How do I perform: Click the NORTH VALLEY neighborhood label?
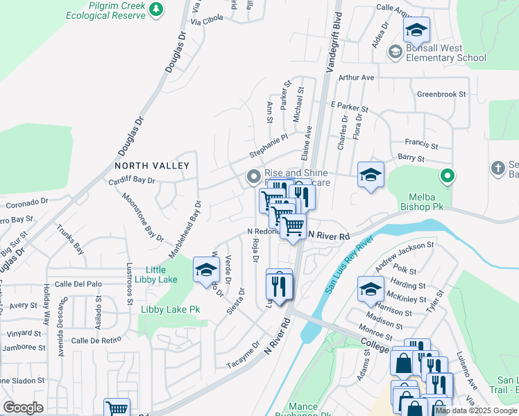point(152,166)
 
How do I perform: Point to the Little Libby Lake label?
point(161,275)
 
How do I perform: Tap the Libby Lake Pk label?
point(170,309)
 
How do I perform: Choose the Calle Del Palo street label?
point(78,284)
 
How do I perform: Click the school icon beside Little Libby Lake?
point(206,271)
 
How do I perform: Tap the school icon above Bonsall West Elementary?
point(416,31)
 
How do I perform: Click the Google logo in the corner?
point(23,408)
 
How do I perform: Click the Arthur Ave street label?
point(356,78)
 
